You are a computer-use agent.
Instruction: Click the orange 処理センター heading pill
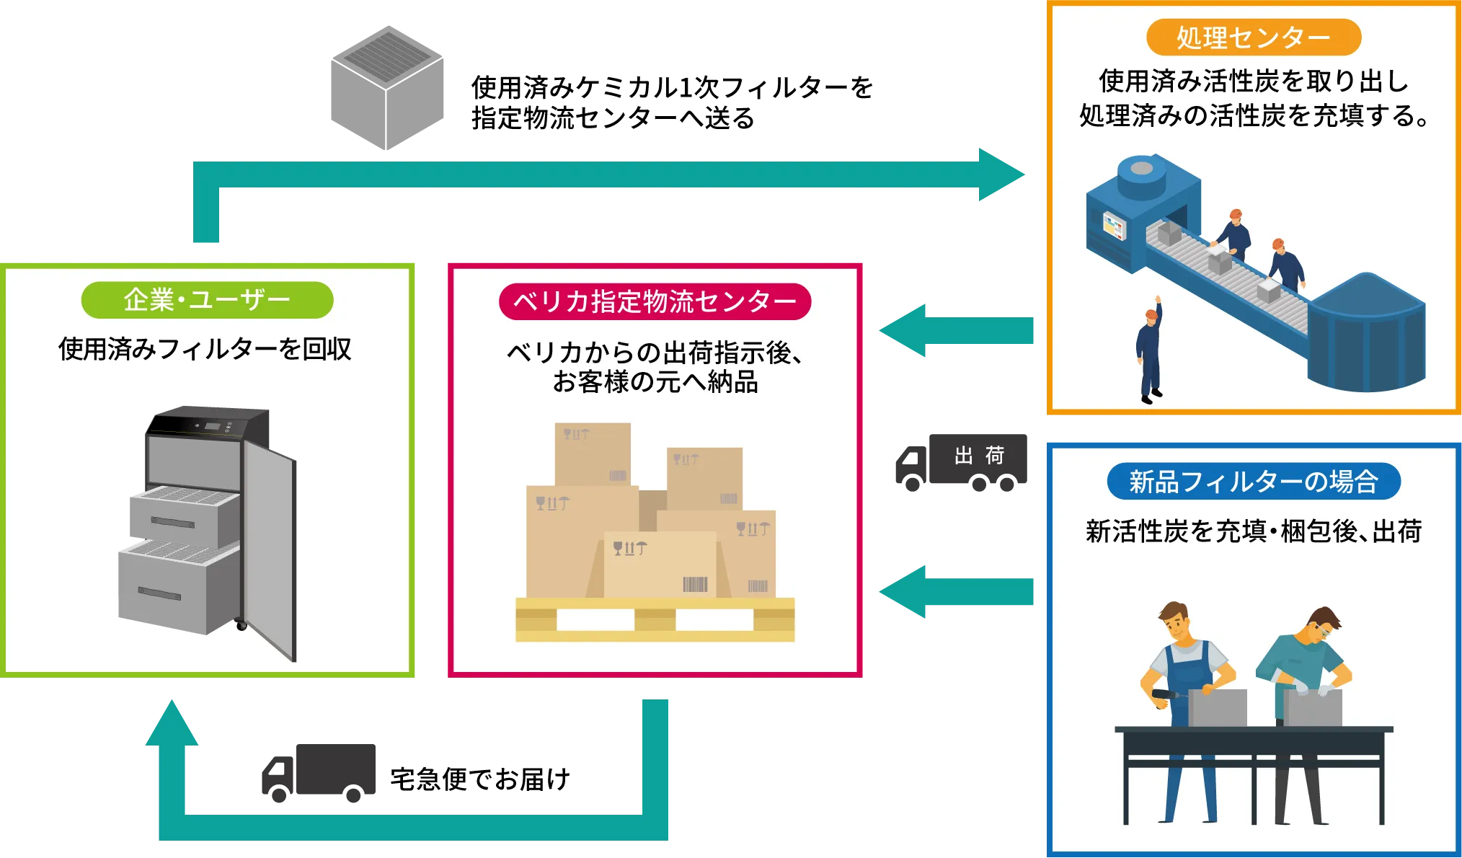click(1253, 37)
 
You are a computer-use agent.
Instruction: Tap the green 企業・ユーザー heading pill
click(207, 300)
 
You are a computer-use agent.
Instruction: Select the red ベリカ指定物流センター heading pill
click(655, 301)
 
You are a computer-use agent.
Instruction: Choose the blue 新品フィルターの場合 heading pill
click(1253, 482)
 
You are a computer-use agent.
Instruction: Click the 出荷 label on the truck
click(979, 456)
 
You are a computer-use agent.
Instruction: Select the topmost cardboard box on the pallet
click(593, 454)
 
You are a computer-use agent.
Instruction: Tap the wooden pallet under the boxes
click(655, 620)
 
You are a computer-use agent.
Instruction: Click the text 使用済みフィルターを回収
click(205, 350)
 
